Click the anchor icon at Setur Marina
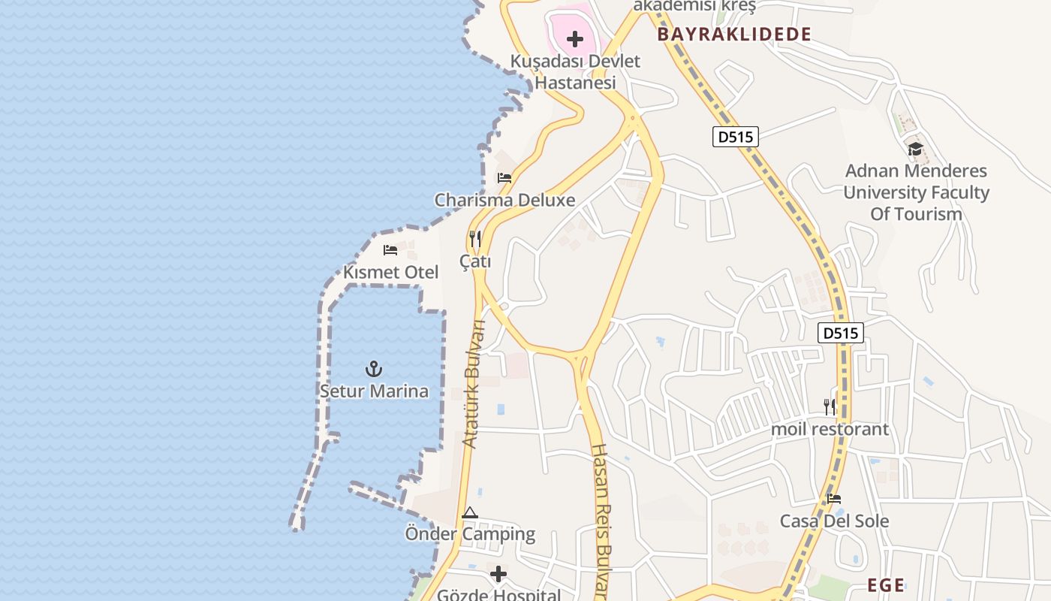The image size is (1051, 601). pos(373,369)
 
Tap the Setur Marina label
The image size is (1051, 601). pos(374,391)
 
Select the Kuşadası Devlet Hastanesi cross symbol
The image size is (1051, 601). pos(575,39)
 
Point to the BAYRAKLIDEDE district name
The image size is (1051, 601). pos(734,35)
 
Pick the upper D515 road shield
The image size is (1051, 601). pos(736,137)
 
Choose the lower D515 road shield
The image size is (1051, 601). pos(841,333)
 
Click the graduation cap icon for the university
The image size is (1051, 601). pos(914,149)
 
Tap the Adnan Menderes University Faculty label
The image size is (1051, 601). pos(916,192)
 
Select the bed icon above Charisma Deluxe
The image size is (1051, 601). pos(504,178)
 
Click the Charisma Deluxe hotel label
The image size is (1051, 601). pos(504,200)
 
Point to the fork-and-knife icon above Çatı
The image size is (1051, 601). pos(475,239)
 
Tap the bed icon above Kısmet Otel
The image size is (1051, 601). pos(390,250)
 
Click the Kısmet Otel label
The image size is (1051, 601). pos(390,272)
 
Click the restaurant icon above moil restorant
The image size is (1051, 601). pos(830,407)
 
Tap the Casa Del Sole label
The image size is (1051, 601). pos(834,521)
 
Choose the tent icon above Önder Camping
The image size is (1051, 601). pos(470,513)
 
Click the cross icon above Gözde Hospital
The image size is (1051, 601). pos(498,575)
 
